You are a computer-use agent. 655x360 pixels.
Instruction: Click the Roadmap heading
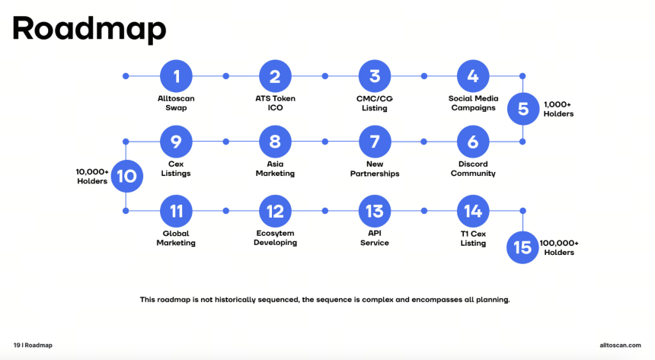tap(89, 29)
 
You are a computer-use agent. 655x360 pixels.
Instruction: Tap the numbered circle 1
tap(176, 76)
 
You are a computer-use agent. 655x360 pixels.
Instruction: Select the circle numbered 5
tap(523, 109)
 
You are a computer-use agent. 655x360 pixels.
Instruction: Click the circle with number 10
tap(127, 177)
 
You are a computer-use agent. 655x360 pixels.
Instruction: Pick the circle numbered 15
tap(522, 247)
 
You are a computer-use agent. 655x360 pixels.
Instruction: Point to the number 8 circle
tap(275, 142)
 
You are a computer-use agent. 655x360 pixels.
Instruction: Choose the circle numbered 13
tap(375, 211)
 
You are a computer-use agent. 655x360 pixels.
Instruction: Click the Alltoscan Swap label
tap(176, 104)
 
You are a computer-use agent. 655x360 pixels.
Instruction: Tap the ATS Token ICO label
tap(275, 104)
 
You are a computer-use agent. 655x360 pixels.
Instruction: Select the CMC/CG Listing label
tap(375, 104)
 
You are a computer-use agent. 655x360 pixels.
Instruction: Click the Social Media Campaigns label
tap(473, 104)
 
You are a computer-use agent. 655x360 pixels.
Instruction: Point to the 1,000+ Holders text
tap(558, 109)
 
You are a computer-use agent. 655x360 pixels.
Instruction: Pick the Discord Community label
tap(473, 169)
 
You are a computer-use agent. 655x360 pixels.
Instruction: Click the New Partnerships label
tap(375, 169)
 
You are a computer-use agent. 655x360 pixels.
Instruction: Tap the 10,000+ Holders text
tap(92, 177)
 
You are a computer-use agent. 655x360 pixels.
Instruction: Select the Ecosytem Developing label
tap(275, 237)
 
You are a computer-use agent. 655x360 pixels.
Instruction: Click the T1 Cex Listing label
tap(473, 238)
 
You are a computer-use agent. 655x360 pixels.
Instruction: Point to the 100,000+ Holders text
tap(559, 247)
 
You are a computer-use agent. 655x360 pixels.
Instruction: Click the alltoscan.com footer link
tap(620, 345)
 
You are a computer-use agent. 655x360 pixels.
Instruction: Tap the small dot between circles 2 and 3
tap(325, 76)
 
